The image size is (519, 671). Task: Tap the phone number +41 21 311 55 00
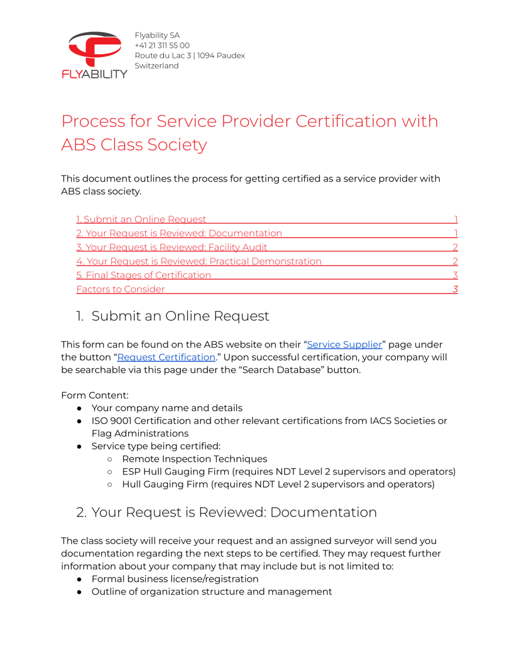162,45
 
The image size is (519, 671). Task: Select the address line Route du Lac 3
163,55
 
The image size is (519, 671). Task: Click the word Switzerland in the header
156,65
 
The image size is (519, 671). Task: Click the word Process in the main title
104,121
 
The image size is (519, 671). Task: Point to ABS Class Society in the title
134,145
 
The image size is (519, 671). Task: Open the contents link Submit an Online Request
141,219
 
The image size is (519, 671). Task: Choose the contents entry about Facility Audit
172,247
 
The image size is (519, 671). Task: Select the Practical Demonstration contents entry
199,261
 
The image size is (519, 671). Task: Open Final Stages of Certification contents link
144,275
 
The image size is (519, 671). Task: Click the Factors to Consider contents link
121,289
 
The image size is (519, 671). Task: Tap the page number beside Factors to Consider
455,289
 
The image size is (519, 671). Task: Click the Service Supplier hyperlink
344,344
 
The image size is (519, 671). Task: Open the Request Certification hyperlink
166,357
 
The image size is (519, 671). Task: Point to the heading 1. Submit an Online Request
173,316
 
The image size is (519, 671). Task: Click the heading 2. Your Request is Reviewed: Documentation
226,512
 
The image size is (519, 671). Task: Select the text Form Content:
95,395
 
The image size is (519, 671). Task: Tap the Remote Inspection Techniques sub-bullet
194,459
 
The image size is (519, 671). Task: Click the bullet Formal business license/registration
175,579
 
